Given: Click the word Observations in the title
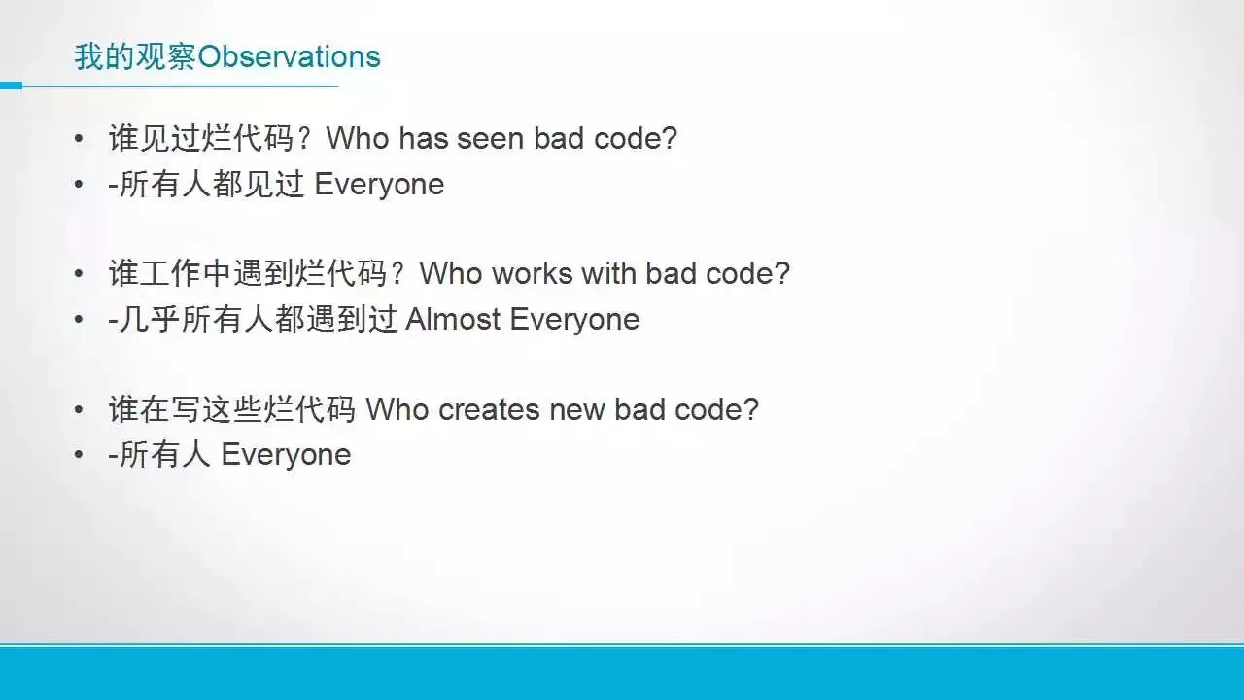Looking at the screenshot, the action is pyautogui.click(x=289, y=56).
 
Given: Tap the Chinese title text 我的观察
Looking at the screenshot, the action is pyautogui.click(x=135, y=56).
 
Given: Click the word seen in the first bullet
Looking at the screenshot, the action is pyautogui.click(x=491, y=138).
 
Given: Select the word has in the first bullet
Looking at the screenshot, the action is pyautogui.click(x=423, y=138).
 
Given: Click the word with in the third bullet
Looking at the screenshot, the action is pyautogui.click(x=608, y=273).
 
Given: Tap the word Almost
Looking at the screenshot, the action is pyautogui.click(x=453, y=320).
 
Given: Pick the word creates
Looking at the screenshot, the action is pyautogui.click(x=489, y=410).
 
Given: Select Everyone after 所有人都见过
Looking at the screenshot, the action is pyautogui.click(x=379, y=185).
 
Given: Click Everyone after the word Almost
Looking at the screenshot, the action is pyautogui.click(x=574, y=320).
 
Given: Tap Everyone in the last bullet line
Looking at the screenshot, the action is pyautogui.click(x=286, y=455).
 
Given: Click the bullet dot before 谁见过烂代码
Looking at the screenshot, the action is pyautogui.click(x=79, y=138).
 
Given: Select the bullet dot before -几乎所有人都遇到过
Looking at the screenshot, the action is pyautogui.click(x=79, y=320).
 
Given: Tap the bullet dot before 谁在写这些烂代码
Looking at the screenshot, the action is pyautogui.click(x=79, y=410).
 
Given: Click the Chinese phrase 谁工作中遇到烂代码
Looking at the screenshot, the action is pyautogui.click(x=248, y=273).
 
